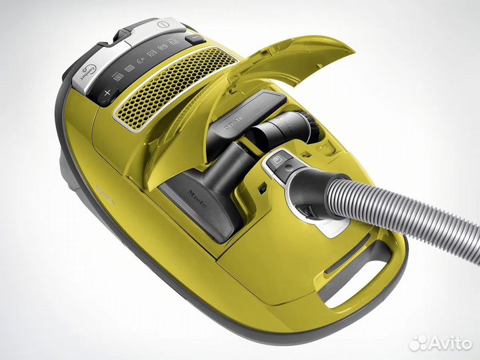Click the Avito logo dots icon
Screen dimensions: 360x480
(419, 343)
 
